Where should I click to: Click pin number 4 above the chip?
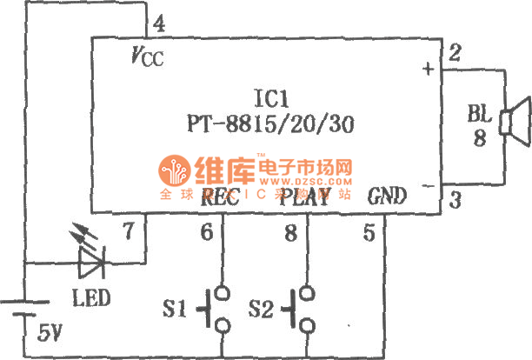pos(159,23)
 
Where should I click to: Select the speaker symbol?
pos(515,119)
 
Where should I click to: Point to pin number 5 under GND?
pos(369,232)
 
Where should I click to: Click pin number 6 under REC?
pos(206,232)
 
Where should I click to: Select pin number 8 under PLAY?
pos(289,232)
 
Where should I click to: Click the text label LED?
pos(90,298)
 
